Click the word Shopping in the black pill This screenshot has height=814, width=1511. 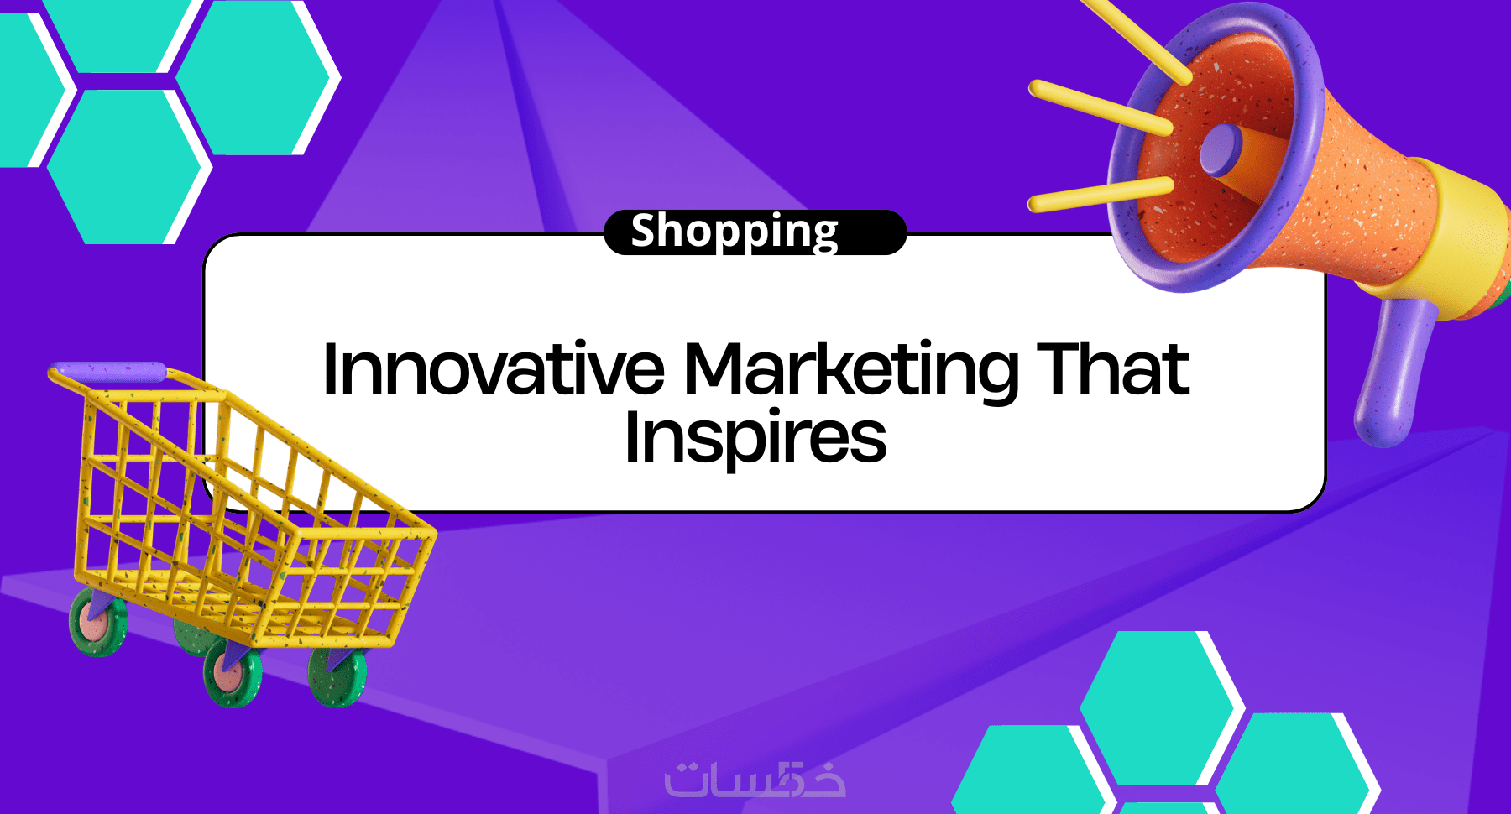(x=735, y=232)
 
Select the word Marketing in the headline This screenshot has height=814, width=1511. (x=852, y=371)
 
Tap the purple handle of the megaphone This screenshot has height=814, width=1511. (x=1393, y=369)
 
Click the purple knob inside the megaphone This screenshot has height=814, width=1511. (x=1221, y=149)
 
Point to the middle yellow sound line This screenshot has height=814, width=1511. (x=1101, y=108)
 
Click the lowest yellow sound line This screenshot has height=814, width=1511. (x=1101, y=195)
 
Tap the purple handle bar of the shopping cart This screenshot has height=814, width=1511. (x=107, y=372)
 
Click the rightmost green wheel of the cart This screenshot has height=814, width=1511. (x=337, y=676)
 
